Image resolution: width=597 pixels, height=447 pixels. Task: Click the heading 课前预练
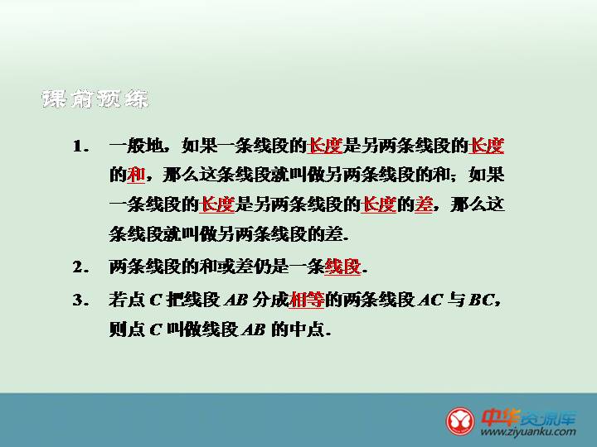pos(95,99)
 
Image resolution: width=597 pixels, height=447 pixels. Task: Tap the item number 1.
pos(80,147)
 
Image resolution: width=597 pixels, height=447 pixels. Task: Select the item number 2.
pos(80,267)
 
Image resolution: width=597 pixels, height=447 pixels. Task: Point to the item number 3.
pos(80,300)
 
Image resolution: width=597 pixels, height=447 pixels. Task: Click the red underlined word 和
pos(136,175)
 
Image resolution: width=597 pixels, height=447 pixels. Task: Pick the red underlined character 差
pos(424,204)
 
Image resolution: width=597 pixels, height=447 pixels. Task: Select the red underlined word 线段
pos(342,267)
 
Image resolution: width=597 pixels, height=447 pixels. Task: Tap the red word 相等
pos(307,300)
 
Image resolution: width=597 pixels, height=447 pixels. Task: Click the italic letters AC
pos(430,300)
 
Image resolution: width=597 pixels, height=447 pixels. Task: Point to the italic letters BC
pos(481,300)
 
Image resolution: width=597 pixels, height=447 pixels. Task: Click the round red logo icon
pos(460,421)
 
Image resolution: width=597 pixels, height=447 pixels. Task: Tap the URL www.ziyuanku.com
pos(528,432)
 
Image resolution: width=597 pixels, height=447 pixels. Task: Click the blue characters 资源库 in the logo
pos(548,418)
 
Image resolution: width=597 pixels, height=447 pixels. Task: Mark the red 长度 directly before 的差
pos(378,204)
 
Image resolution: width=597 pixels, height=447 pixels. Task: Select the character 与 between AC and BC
pos(456,300)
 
